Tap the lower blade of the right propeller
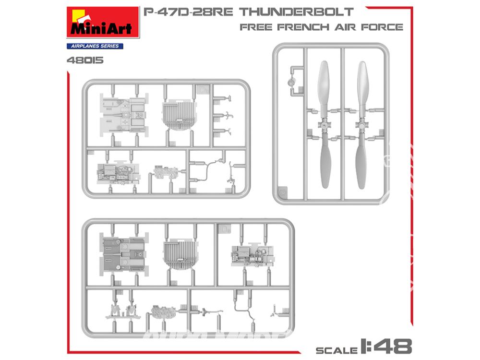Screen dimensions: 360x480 [361, 161]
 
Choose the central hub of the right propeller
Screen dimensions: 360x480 [361, 126]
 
